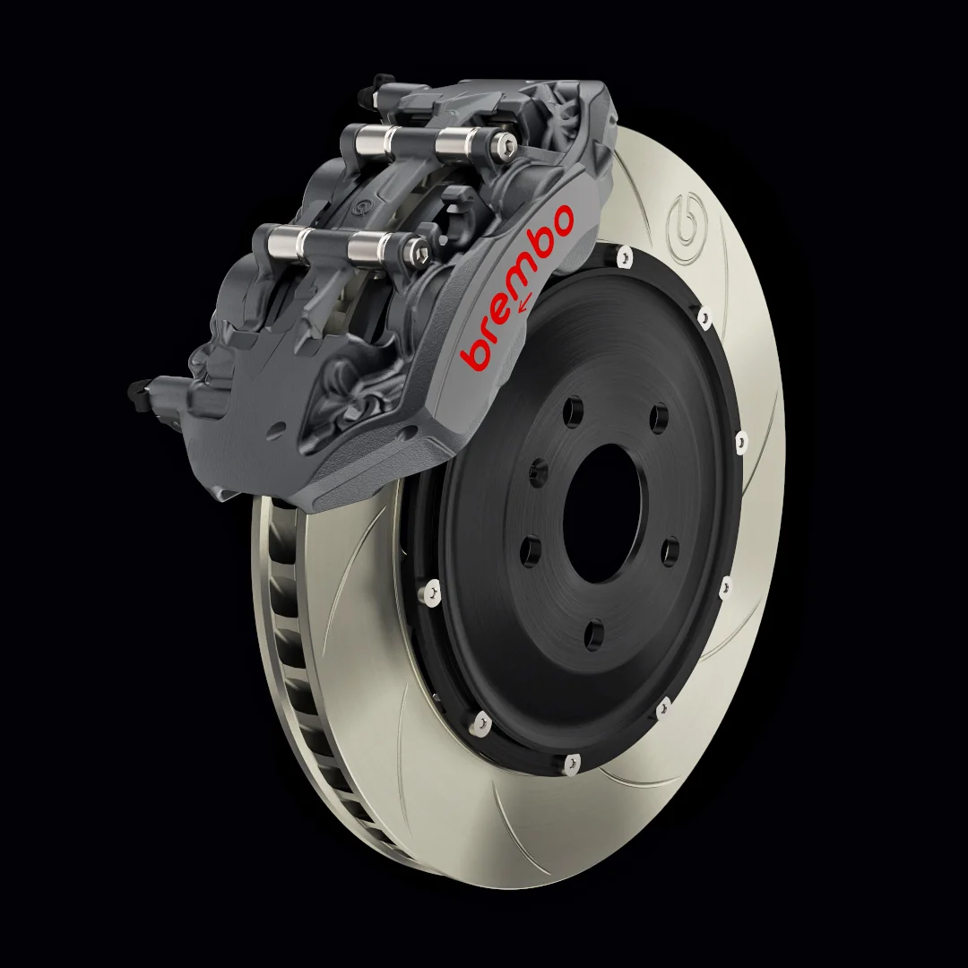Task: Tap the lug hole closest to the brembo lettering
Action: (x=573, y=411)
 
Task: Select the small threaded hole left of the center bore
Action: (x=539, y=472)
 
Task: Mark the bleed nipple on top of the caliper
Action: (x=382, y=83)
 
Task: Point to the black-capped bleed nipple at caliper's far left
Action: (x=138, y=389)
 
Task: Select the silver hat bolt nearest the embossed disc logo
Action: (x=625, y=257)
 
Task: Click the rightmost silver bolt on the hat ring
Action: (x=740, y=440)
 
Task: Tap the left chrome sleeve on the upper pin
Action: (x=367, y=139)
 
